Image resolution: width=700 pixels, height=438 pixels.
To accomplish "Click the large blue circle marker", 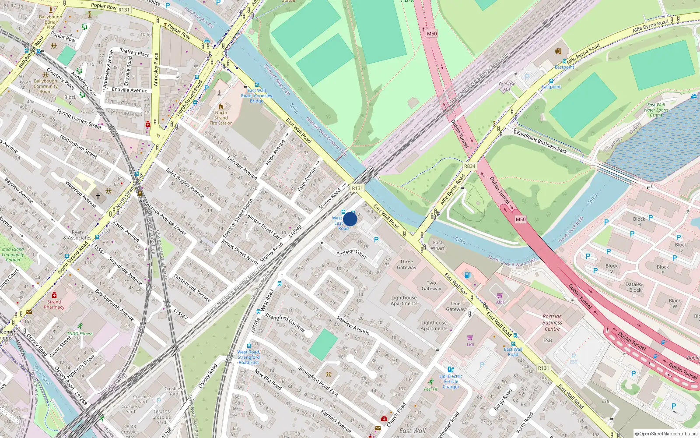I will tap(350, 219).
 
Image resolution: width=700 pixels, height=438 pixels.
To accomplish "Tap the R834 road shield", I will tap(469, 166).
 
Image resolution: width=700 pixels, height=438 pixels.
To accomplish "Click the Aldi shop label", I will tap(500, 302).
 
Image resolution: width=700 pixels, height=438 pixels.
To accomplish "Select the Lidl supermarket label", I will tap(470, 344).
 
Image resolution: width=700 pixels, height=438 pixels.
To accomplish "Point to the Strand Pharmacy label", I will tap(54, 304).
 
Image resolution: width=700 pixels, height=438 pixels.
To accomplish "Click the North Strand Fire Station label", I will tap(221, 118).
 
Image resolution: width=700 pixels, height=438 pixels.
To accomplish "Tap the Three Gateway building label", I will tap(406, 265).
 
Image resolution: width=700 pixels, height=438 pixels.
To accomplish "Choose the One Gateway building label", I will tap(455, 306).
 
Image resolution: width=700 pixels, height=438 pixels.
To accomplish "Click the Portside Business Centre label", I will tap(552, 322).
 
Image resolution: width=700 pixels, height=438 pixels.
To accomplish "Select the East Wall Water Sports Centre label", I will tap(656, 110).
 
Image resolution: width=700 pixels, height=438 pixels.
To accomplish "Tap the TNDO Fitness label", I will tap(80, 333).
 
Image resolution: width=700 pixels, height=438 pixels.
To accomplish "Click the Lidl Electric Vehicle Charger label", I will tap(451, 381).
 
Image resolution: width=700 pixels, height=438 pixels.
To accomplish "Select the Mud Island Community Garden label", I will tap(13, 254).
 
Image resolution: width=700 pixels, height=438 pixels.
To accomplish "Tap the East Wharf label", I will tap(437, 245).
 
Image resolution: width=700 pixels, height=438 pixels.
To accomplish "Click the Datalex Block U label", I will tap(634, 290).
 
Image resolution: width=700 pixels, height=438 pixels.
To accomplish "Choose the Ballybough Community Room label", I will tap(45, 86).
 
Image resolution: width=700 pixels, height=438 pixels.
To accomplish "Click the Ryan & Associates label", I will tap(77, 235).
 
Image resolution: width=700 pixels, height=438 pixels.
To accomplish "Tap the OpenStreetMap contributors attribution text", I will tap(666, 434).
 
